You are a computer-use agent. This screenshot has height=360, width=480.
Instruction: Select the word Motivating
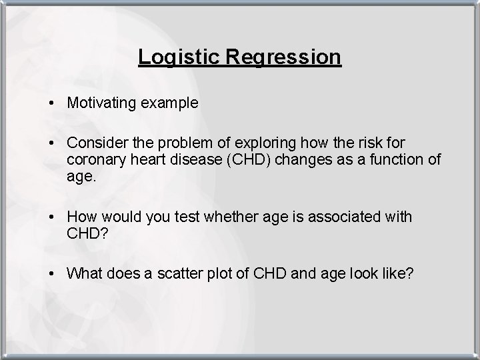coord(103,103)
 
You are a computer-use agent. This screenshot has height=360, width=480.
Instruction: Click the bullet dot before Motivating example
coord(51,104)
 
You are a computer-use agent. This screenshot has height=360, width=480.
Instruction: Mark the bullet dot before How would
coord(51,217)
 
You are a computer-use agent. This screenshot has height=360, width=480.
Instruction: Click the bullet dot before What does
coord(51,274)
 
